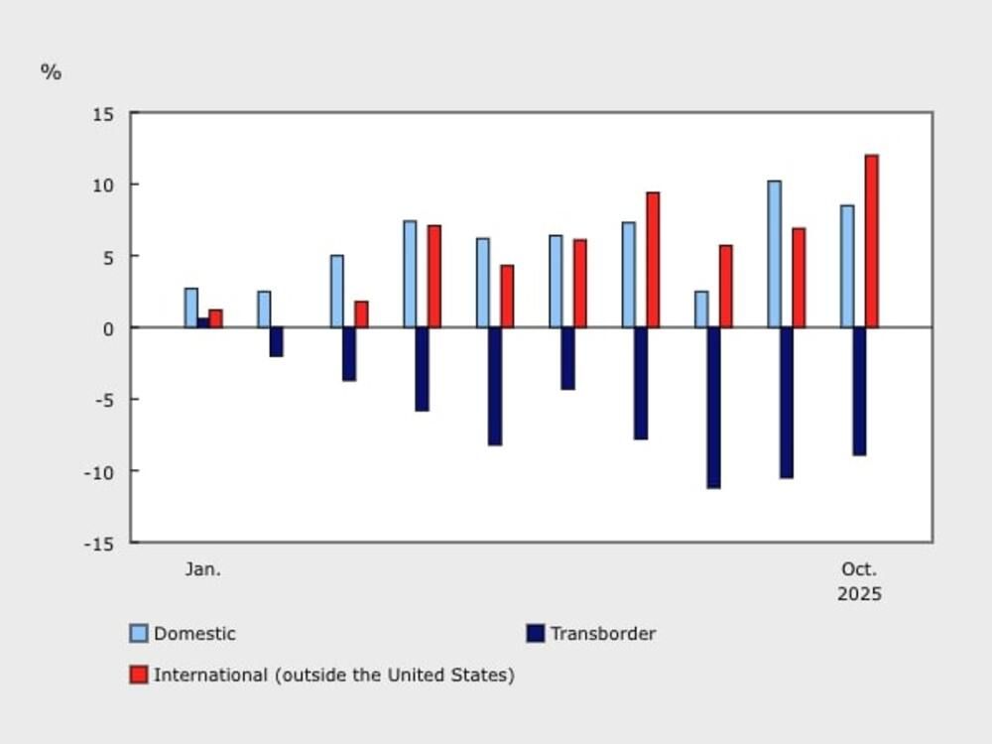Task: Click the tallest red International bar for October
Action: tap(871, 241)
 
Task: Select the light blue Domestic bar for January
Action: tap(190, 308)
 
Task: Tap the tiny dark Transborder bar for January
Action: tap(203, 322)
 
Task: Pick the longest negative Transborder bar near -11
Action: tap(713, 408)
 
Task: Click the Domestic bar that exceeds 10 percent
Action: tap(774, 254)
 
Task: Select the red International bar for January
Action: tap(215, 318)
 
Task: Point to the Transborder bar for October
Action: tap(859, 391)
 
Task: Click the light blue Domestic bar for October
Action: tap(847, 266)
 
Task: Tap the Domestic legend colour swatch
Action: tap(139, 634)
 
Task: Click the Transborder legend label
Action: tap(603, 634)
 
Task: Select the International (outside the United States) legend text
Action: tap(333, 676)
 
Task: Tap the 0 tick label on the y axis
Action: tap(109, 328)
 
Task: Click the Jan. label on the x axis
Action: tap(203, 569)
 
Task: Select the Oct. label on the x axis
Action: tap(859, 569)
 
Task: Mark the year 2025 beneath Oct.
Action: tap(859, 594)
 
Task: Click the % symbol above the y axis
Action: tap(51, 72)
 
